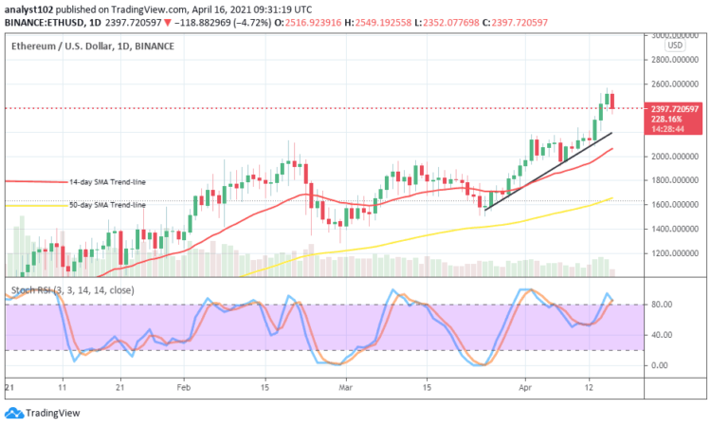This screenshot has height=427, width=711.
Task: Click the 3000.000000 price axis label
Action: pyautogui.click(x=673, y=35)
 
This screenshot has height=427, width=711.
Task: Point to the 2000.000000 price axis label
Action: pyautogui.click(x=673, y=156)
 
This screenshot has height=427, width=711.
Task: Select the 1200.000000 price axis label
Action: pyautogui.click(x=673, y=253)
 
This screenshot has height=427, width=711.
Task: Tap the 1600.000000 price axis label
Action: pyautogui.click(x=673, y=204)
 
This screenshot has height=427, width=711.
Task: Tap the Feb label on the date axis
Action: pyautogui.click(x=183, y=388)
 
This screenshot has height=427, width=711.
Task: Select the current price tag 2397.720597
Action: pyautogui.click(x=674, y=109)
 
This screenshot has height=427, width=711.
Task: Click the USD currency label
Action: pyautogui.click(x=675, y=45)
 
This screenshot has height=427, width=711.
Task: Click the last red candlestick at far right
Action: pyautogui.click(x=612, y=101)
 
